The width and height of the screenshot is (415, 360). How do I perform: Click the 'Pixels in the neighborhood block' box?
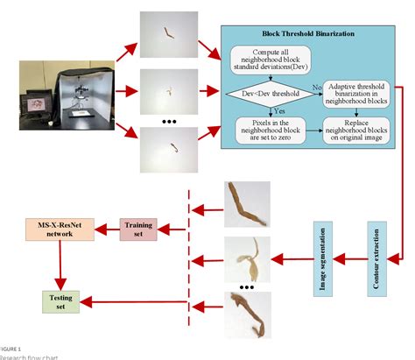[x=261, y=124]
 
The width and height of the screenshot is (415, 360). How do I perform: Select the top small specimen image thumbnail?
[x=167, y=35]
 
